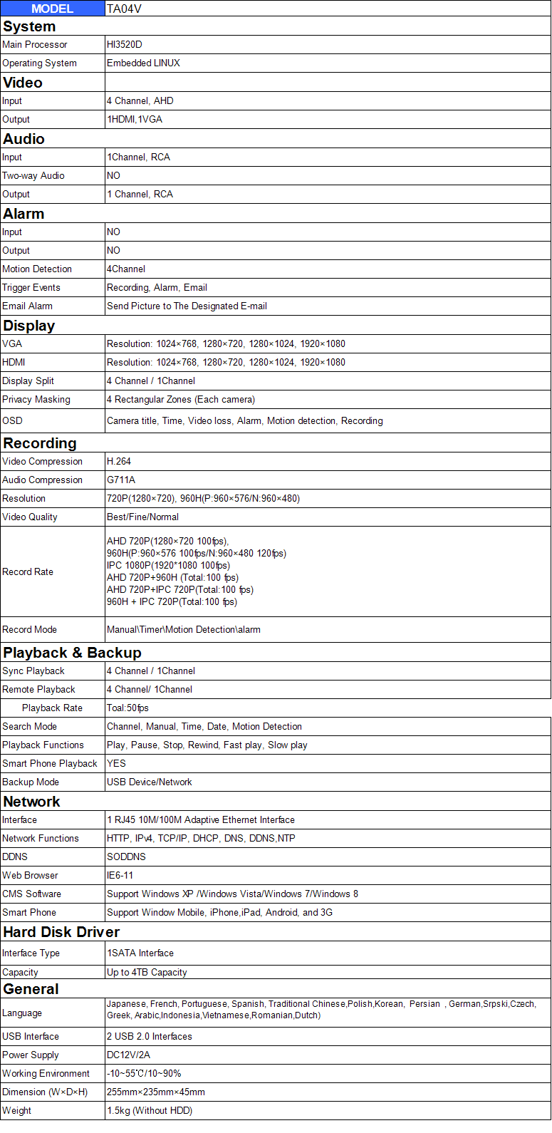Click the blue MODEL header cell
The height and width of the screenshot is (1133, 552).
[52, 9]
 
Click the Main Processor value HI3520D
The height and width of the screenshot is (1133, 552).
[125, 44]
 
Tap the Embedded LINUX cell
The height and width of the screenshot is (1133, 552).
[143, 63]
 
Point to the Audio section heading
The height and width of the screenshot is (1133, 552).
[24, 138]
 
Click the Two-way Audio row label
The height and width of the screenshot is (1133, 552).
[33, 175]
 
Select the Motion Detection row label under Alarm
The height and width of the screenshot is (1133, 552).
[37, 269]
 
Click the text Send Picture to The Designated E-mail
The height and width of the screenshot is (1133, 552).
[187, 306]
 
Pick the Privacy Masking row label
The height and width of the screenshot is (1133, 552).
[36, 399]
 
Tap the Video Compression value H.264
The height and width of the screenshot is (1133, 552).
[119, 461]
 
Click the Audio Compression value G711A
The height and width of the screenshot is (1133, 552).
[121, 480]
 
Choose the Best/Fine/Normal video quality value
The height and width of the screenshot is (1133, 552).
[142, 517]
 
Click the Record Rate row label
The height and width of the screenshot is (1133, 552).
[28, 571]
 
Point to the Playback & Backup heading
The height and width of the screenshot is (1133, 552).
[72, 652]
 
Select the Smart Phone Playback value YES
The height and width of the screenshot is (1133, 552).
[116, 763]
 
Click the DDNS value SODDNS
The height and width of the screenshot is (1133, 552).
[126, 857]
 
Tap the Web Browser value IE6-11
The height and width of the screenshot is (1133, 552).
[120, 875]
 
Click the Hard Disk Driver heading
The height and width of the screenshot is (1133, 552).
[61, 931]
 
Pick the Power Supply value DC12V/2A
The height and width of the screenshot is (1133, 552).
[128, 1055]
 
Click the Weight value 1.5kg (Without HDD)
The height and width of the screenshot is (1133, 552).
[150, 1110]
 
